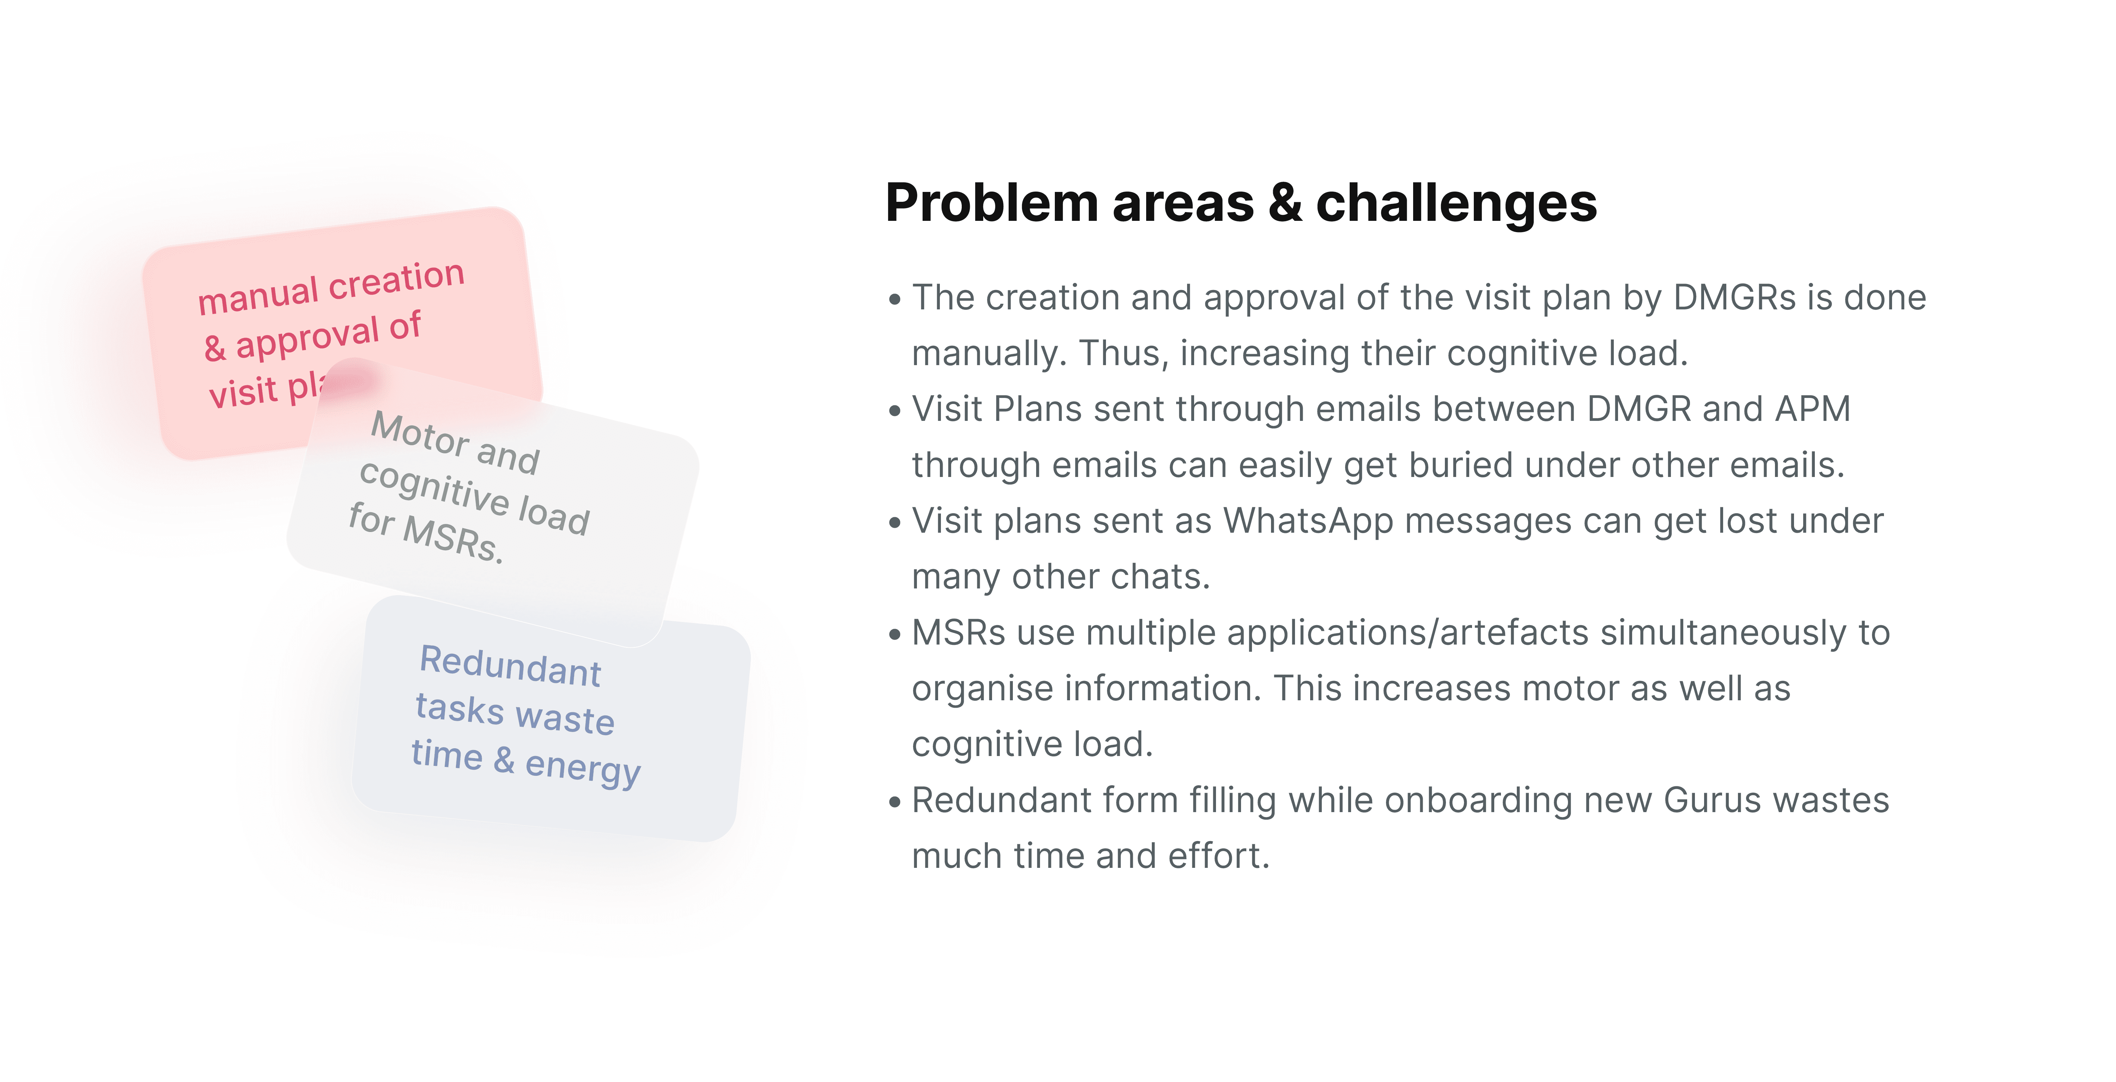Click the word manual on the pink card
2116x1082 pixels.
258,296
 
